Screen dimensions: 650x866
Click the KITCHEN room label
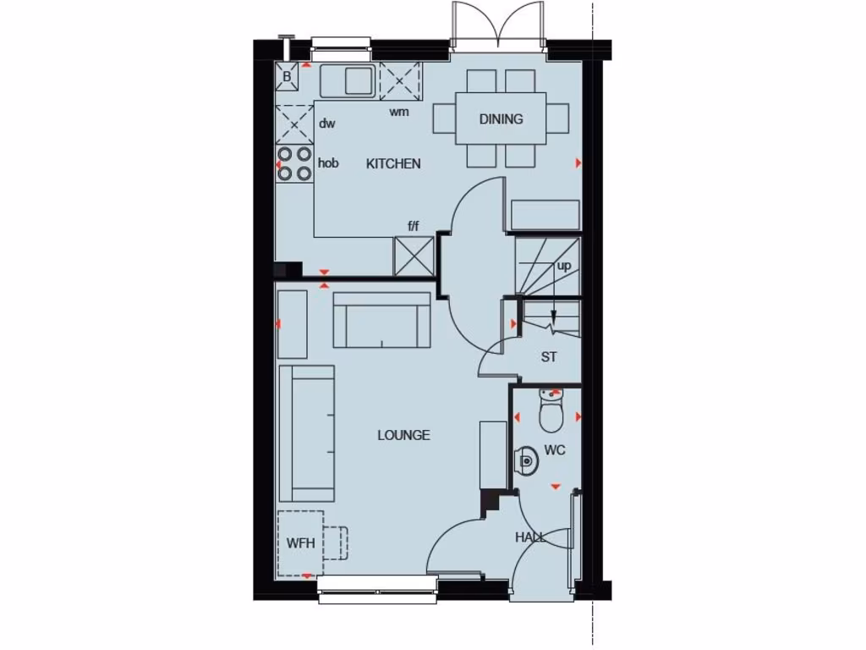393,163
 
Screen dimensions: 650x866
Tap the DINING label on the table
501,119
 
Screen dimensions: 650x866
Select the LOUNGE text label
403,435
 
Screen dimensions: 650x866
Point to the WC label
554,450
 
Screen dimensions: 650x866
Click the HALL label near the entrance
530,537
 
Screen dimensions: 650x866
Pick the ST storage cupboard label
549,357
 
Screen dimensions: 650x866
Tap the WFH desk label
300,543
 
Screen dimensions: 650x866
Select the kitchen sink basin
359,80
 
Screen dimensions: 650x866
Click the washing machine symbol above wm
400,82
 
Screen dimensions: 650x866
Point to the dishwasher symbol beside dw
294,124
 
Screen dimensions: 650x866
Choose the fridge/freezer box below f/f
414,256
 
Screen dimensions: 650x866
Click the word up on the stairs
564,266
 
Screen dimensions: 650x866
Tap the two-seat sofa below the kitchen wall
382,320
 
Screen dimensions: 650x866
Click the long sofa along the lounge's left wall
306,433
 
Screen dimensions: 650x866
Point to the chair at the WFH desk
338,543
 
